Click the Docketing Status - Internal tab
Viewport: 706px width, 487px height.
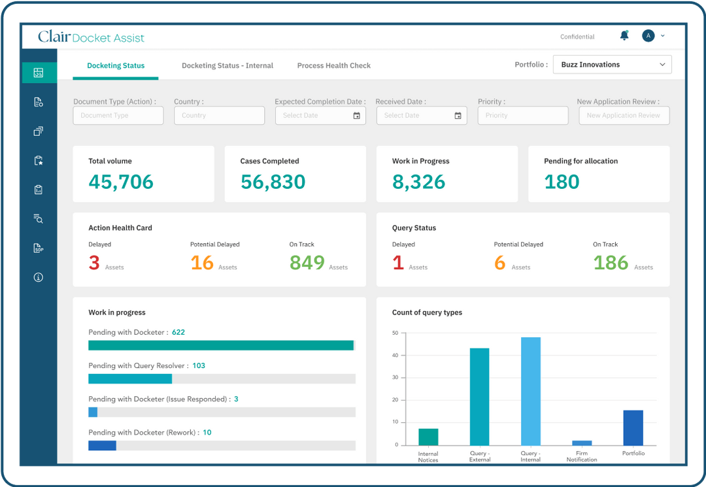click(x=227, y=65)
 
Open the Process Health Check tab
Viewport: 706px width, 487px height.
click(x=333, y=65)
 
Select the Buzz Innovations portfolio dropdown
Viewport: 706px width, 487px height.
click(x=612, y=65)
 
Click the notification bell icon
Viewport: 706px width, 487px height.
click(x=624, y=36)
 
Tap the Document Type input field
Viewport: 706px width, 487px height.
click(x=118, y=116)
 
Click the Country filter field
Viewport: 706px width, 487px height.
click(x=219, y=116)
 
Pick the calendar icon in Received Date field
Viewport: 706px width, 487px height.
click(x=458, y=116)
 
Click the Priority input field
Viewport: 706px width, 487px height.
click(x=522, y=116)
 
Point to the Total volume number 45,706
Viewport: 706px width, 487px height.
click(x=121, y=182)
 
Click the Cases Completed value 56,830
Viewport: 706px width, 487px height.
click(x=273, y=182)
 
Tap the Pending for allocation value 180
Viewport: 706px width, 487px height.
click(x=562, y=182)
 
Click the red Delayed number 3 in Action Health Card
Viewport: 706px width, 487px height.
click(x=94, y=263)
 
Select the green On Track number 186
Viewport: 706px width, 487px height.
click(x=611, y=263)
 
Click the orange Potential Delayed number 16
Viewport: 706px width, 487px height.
click(x=202, y=263)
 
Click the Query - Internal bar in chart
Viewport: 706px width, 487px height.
click(x=530, y=391)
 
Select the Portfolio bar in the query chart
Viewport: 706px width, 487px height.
click(x=633, y=428)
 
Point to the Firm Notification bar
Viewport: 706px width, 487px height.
click(x=582, y=443)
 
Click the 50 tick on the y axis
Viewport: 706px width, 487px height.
click(x=395, y=333)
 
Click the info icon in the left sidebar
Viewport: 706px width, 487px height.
click(x=39, y=277)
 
